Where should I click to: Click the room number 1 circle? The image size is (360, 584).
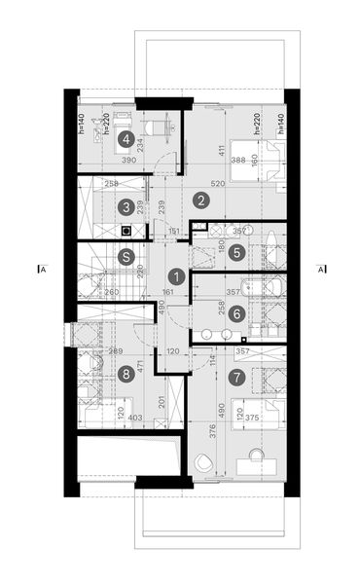[x=175, y=275]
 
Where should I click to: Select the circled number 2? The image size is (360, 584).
[x=201, y=201]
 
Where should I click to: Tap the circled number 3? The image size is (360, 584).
[x=125, y=206]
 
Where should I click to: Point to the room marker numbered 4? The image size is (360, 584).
[x=125, y=139]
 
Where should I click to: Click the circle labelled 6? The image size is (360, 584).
[x=237, y=314]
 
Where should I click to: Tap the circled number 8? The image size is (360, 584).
[x=125, y=373]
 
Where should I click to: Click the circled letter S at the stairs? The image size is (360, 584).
[x=125, y=257]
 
